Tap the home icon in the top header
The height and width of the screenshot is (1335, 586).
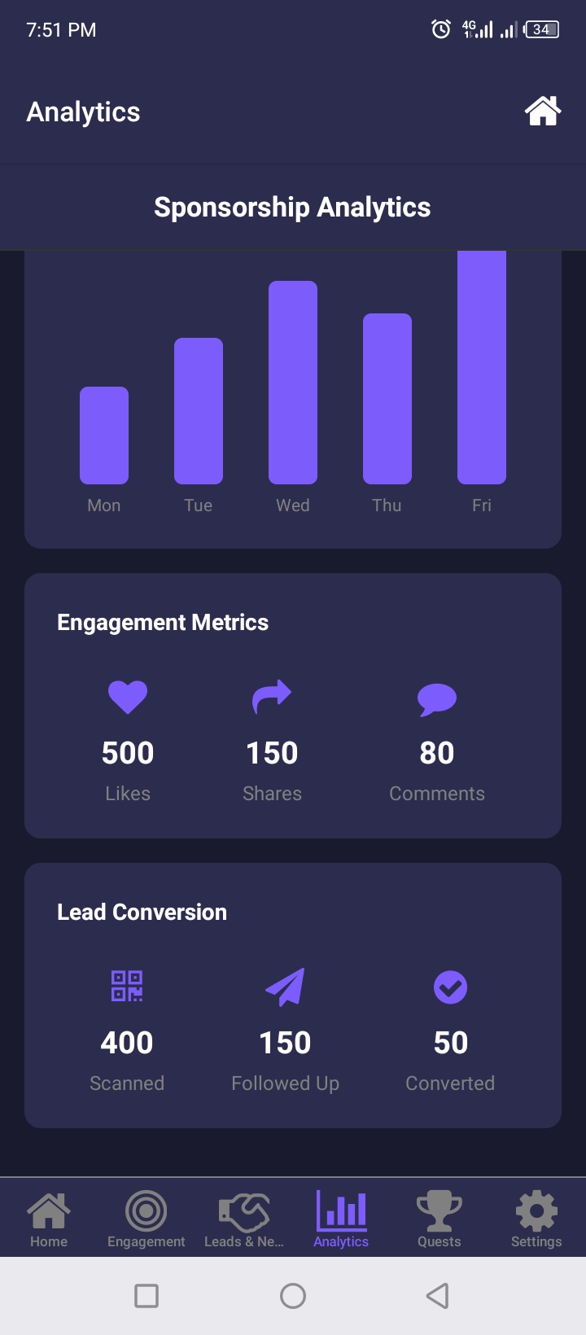[543, 112]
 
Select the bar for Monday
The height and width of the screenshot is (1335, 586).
[104, 436]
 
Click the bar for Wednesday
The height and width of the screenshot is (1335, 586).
[293, 383]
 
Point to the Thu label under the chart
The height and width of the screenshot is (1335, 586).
[387, 506]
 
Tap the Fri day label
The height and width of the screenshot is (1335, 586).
[482, 506]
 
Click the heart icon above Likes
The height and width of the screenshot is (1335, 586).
[128, 698]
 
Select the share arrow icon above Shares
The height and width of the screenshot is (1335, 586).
[272, 697]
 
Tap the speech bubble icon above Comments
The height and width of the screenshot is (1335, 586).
[437, 699]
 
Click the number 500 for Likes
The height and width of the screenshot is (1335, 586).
[128, 753]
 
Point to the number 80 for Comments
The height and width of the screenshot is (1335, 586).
[437, 753]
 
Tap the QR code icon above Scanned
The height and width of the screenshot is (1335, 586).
[127, 986]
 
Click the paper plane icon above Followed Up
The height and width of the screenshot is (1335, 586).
[285, 987]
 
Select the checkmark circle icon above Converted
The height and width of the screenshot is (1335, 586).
[450, 987]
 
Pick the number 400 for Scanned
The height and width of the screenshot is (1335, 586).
[127, 1043]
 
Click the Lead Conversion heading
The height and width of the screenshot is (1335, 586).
[142, 912]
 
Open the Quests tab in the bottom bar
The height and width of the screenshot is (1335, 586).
[439, 1219]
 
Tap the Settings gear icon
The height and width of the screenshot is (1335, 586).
[536, 1211]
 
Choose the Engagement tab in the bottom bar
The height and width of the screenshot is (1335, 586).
[146, 1219]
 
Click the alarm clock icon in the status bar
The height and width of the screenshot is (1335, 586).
[441, 30]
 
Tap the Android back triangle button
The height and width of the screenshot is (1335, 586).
[438, 1295]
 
